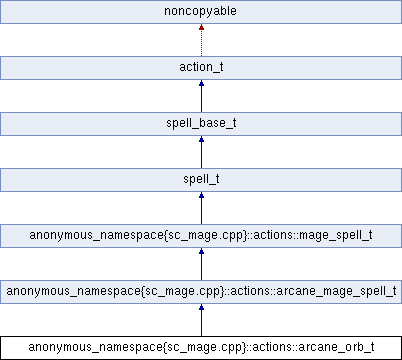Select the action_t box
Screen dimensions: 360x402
point(201,68)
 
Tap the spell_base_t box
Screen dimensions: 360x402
point(201,124)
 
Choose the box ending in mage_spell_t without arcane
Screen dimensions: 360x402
point(201,236)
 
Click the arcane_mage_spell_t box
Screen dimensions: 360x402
point(201,292)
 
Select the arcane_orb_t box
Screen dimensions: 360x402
point(201,348)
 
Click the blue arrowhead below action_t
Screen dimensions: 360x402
point(201,85)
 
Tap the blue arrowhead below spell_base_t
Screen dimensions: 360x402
point(201,141)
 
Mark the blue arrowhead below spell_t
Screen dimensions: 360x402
point(201,197)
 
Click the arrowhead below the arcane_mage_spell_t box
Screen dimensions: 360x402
point(201,309)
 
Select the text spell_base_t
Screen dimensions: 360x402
point(201,124)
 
